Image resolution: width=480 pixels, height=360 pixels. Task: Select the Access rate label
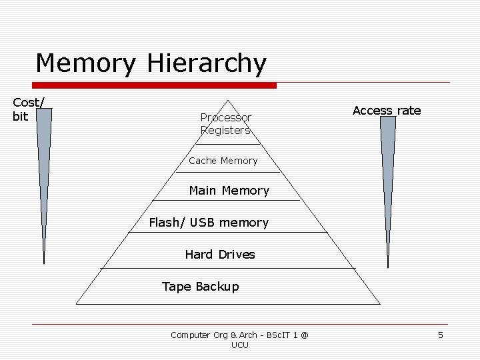point(387,111)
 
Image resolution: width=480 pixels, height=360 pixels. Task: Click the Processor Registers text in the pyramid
point(225,124)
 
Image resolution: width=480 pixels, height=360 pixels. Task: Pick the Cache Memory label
point(223,161)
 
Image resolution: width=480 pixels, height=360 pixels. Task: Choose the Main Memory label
point(229,191)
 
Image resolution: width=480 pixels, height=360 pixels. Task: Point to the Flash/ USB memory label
point(209,223)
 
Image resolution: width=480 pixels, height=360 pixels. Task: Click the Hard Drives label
point(220,255)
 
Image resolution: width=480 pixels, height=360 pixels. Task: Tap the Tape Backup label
point(200,287)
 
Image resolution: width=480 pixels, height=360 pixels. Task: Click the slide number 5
point(441,335)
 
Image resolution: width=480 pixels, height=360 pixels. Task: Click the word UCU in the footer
point(239,345)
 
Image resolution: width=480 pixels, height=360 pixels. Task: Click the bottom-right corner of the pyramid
point(380,304)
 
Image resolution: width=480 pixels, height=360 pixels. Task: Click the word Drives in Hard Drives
point(237,255)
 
